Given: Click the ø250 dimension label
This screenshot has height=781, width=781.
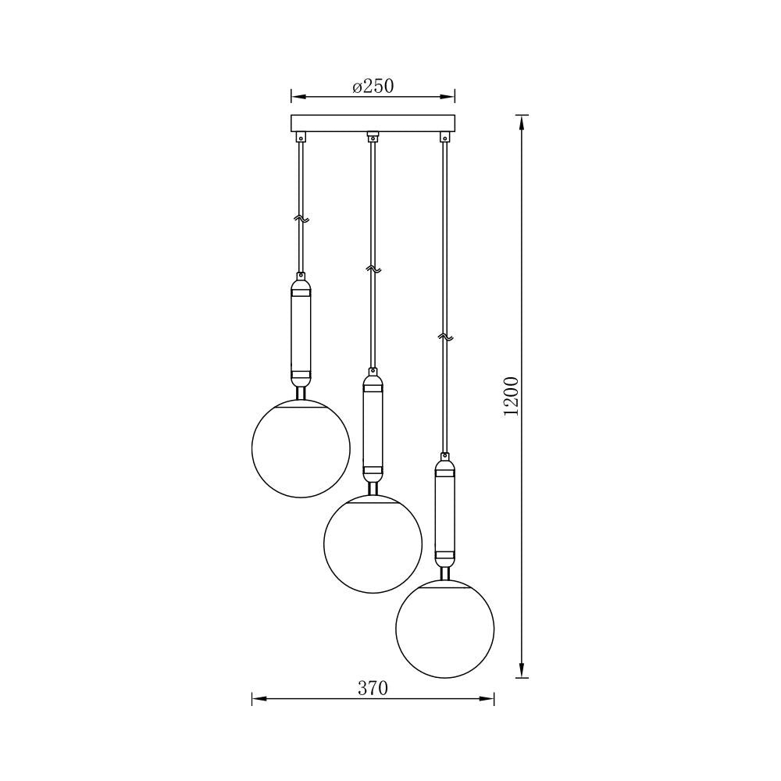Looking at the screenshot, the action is click(373, 87).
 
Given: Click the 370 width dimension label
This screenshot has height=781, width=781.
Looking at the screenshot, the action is click(373, 688).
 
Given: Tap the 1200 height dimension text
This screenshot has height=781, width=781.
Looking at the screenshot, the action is click(512, 397).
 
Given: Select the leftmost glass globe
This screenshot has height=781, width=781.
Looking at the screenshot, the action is click(301, 448).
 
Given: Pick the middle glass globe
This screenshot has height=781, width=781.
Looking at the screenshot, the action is click(373, 544).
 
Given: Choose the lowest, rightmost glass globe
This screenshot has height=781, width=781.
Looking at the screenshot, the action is click(445, 629).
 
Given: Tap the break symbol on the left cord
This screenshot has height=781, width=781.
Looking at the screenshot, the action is click(301, 219).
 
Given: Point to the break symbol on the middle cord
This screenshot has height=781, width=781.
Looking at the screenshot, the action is click(373, 269).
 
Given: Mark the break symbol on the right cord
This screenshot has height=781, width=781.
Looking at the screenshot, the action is click(445, 337).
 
